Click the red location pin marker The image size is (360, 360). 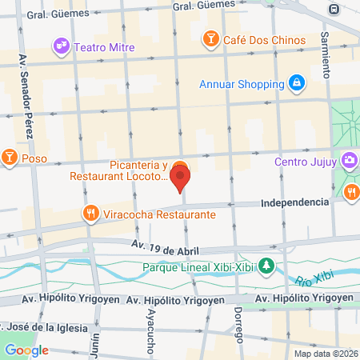pos(180,176)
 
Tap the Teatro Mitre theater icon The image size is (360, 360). pos(61,46)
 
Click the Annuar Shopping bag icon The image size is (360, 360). pos(297,83)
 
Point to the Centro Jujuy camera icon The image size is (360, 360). pos(350,162)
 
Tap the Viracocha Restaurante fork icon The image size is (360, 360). pos(90,214)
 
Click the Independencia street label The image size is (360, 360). pos(295,202)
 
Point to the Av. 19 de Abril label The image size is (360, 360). pos(165,246)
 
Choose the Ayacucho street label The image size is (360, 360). pos(150,329)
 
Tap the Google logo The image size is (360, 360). pos(26,350)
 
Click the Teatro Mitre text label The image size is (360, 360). pos(103,46)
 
